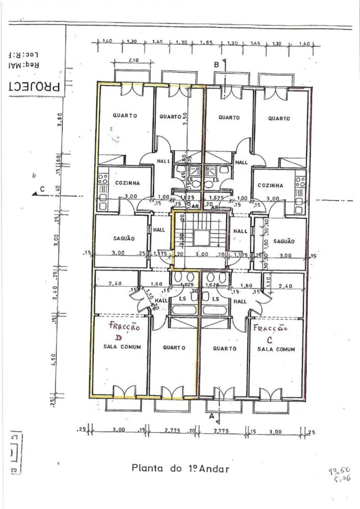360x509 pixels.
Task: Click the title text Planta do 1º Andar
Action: pos(180,468)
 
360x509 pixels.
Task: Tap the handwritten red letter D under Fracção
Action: pos(119,337)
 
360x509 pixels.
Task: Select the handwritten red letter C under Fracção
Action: pos(269,340)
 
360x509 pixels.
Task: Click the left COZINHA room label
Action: pos(127,183)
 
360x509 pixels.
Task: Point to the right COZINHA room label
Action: pos(270,186)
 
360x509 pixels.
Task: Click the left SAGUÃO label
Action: pos(124,238)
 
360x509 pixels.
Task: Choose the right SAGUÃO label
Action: pos(284,241)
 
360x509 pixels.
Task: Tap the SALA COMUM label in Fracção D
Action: pos(122,347)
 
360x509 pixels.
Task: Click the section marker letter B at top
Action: pos(216,65)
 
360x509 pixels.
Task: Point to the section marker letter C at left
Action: pos(42,189)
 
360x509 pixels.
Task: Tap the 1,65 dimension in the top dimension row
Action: pos(206,43)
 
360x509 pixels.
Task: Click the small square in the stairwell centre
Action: pos(201,238)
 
